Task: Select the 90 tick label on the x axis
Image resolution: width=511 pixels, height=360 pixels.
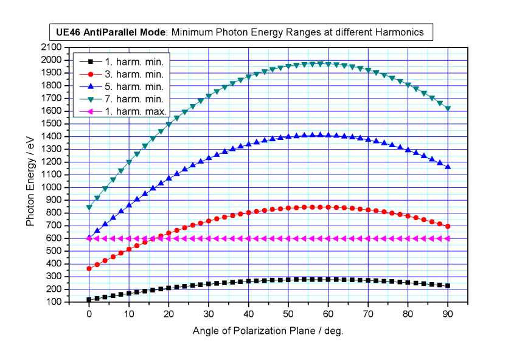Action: pos(448,314)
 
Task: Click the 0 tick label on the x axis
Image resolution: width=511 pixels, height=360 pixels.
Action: pos(89,314)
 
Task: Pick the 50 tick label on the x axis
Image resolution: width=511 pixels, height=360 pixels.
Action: pos(288,314)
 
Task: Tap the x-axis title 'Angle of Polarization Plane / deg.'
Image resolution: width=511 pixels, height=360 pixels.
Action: pos(268,331)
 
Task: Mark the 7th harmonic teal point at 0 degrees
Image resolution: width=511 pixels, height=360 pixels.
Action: pos(89,207)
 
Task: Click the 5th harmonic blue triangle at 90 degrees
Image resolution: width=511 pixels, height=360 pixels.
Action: pos(448,166)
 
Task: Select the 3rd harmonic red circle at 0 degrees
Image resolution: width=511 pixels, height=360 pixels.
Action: pos(89,268)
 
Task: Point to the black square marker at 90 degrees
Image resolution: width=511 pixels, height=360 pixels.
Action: pos(448,286)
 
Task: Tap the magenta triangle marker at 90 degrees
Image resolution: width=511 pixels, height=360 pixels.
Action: pos(448,238)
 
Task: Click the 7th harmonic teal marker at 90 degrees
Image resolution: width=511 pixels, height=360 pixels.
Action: pos(448,108)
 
